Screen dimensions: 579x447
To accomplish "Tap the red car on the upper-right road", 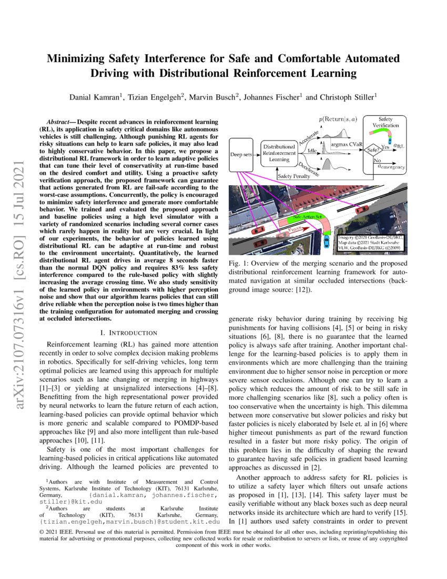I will click(362, 209).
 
